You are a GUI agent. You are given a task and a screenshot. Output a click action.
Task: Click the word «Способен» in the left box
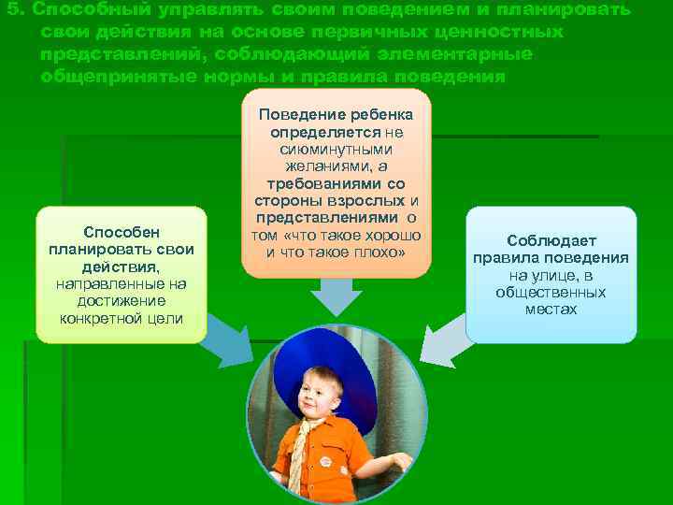click(x=121, y=232)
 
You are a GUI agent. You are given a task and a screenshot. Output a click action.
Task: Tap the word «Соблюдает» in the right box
click(x=551, y=240)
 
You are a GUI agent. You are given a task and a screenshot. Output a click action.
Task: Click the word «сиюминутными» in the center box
click(x=336, y=149)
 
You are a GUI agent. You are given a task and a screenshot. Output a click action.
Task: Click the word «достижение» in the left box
click(x=121, y=300)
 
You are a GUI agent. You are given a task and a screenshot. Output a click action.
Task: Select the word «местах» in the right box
click(x=551, y=309)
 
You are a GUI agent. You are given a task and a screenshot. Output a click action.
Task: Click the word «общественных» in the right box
click(x=551, y=292)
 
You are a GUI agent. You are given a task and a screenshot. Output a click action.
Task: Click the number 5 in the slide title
click(x=9, y=9)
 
